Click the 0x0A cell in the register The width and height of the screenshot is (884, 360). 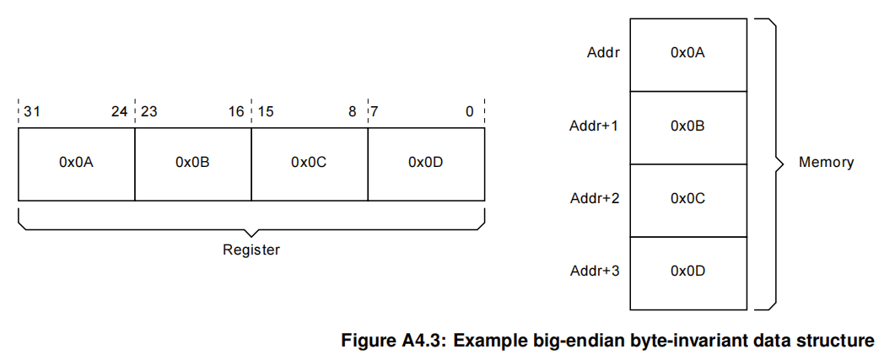76,163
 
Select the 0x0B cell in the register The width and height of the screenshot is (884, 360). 192,163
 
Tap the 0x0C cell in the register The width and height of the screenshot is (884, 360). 309,163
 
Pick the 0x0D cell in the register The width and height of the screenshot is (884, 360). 426,163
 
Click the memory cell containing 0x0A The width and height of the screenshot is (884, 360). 687,53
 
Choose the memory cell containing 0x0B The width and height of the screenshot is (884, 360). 687,126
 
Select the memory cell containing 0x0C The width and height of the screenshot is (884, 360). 687,199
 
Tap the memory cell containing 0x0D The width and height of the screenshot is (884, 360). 687,271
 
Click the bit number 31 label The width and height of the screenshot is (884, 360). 31,112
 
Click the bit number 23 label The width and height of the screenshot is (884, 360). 148,112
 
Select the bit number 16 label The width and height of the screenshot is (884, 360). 236,112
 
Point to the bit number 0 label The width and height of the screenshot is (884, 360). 470,112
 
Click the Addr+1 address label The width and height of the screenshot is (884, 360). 594,126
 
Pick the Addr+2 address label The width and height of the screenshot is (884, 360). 594,199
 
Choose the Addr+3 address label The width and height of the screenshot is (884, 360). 594,271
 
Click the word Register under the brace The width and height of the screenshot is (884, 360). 251,250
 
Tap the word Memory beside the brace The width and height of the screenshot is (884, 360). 826,162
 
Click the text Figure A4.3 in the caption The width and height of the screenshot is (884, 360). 395,341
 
